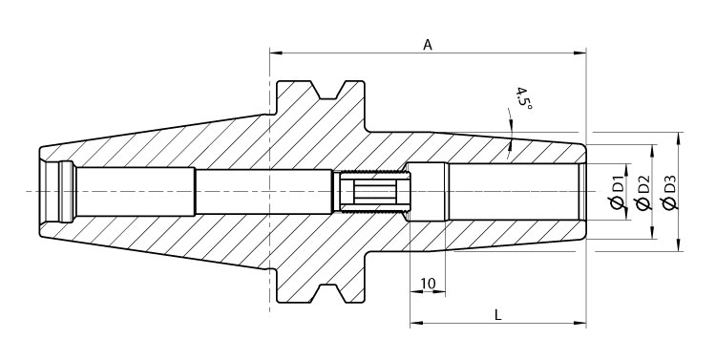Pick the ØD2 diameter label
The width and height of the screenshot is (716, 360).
[642, 192]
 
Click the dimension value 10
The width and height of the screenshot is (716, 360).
[427, 284]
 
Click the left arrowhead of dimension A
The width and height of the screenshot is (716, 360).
[275, 53]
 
